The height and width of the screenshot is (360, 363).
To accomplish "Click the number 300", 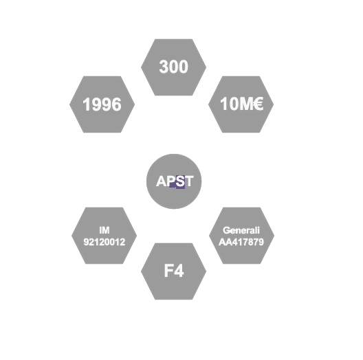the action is pyautogui.click(x=174, y=67).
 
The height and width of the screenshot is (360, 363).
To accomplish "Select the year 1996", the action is pyautogui.click(x=102, y=104).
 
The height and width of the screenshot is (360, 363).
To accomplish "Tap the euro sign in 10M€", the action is pyautogui.click(x=258, y=104).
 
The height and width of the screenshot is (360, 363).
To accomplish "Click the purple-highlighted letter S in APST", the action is pyautogui.click(x=180, y=181).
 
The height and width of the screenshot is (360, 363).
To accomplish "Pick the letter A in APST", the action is pyautogui.click(x=162, y=181).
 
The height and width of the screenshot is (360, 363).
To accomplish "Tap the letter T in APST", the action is pyautogui.click(x=189, y=181).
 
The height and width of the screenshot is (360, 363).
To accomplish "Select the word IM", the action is pyautogui.click(x=104, y=230).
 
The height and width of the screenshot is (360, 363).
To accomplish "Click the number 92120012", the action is pyautogui.click(x=104, y=242).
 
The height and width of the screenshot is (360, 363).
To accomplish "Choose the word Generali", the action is pyautogui.click(x=241, y=230).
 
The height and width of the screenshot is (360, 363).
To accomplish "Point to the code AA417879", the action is pyautogui.click(x=241, y=242).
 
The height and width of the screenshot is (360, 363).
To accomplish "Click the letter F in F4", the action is pyautogui.click(x=168, y=271).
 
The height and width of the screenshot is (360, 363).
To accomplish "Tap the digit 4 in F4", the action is pyautogui.click(x=179, y=271).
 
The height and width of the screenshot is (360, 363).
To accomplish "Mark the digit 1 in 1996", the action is pyautogui.click(x=87, y=104).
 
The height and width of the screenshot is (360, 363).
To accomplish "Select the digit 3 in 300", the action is pyautogui.click(x=164, y=67).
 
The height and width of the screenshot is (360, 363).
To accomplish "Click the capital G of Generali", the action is pyautogui.click(x=226, y=230).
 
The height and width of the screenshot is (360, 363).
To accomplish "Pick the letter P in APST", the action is pyautogui.click(x=172, y=181).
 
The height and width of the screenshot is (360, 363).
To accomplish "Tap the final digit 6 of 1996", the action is pyautogui.click(x=117, y=104).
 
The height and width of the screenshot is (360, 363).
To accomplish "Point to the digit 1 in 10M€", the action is pyautogui.click(x=224, y=104).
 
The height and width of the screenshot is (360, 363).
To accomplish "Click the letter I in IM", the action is pyautogui.click(x=100, y=230).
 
